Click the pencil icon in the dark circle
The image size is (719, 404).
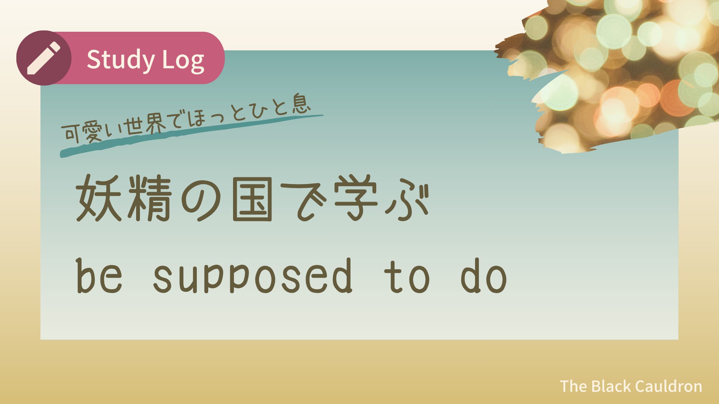point(44,58)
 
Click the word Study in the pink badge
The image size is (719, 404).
point(121,60)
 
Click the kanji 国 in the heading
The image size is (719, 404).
point(252,199)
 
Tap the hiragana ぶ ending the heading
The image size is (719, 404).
point(407,201)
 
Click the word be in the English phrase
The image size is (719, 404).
point(100,276)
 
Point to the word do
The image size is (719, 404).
point(484,276)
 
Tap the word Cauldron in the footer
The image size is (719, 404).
point(668,386)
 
